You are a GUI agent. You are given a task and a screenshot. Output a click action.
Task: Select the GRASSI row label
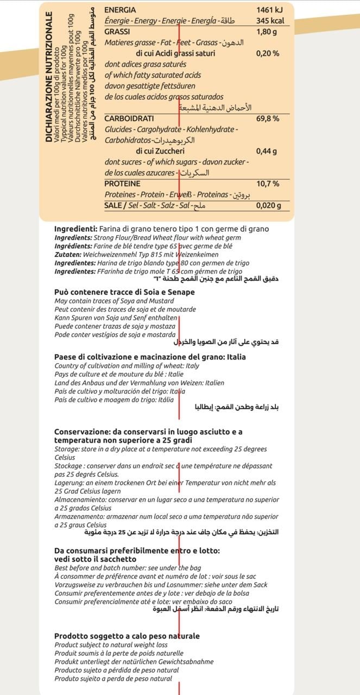tap(116, 32)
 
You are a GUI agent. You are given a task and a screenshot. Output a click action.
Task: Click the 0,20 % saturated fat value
tap(268, 54)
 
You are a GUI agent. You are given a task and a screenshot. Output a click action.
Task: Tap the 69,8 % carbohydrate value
tap(268, 118)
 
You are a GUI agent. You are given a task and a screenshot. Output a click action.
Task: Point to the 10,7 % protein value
tap(268, 184)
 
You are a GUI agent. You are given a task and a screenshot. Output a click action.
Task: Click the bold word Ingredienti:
tap(76, 229)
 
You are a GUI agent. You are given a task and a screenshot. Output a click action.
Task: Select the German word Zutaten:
tap(67, 255)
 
